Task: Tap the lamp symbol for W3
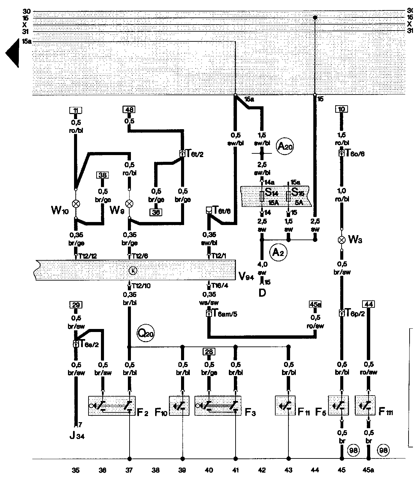(x=342, y=240)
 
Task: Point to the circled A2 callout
(x=278, y=252)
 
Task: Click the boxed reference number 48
(x=129, y=109)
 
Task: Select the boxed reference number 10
(x=342, y=109)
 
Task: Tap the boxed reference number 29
(x=76, y=305)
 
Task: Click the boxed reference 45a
(x=315, y=304)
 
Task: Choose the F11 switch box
(x=285, y=405)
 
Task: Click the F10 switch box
(x=179, y=405)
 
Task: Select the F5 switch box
(x=338, y=405)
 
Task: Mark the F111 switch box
(x=365, y=405)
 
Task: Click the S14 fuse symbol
(x=262, y=196)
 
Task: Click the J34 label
(x=77, y=437)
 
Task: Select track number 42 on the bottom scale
(x=262, y=470)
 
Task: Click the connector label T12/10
(x=141, y=286)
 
